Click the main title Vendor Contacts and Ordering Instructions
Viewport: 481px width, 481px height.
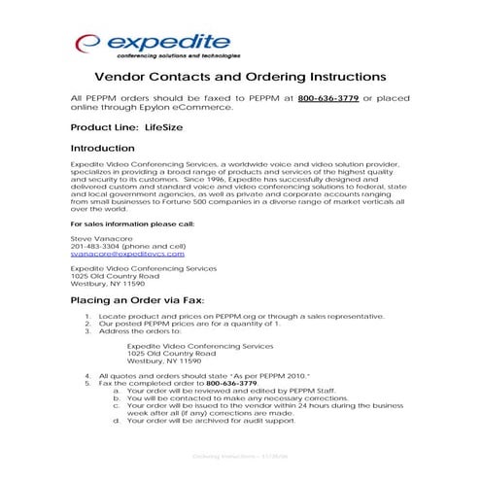[x=240, y=78]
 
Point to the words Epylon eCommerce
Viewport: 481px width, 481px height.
[x=182, y=108]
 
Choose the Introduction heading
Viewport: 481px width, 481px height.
[x=103, y=149]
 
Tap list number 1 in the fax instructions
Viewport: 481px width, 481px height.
[x=88, y=317]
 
